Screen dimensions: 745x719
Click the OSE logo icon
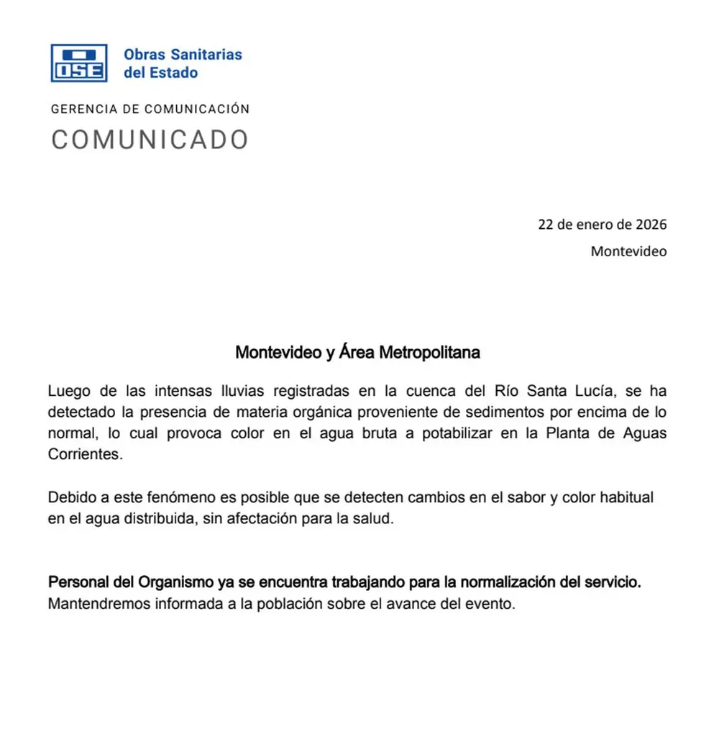(78, 63)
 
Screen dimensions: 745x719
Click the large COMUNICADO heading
(150, 140)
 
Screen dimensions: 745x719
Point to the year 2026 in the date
(651, 224)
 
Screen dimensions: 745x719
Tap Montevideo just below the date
(628, 251)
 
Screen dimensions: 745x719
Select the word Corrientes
(81, 455)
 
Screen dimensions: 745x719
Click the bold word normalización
(508, 582)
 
